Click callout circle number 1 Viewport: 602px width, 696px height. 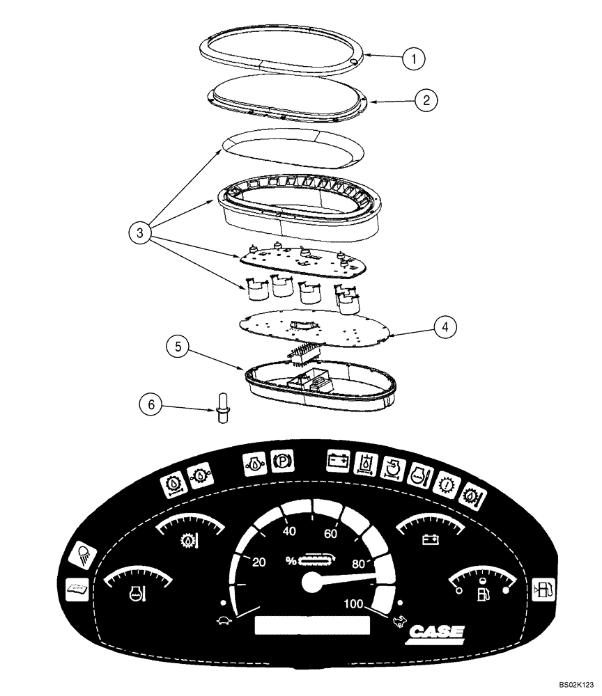point(415,58)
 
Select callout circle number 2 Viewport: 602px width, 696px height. point(426,100)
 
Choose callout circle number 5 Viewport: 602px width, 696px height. point(178,347)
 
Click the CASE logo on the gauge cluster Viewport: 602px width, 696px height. point(435,632)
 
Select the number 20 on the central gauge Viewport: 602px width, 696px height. point(258,562)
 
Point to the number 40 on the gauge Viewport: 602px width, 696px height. point(289,532)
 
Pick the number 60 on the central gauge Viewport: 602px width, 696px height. point(331,534)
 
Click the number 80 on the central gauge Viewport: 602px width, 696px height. point(360,563)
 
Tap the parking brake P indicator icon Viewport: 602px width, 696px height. point(283,461)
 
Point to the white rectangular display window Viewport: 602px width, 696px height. point(312,624)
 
